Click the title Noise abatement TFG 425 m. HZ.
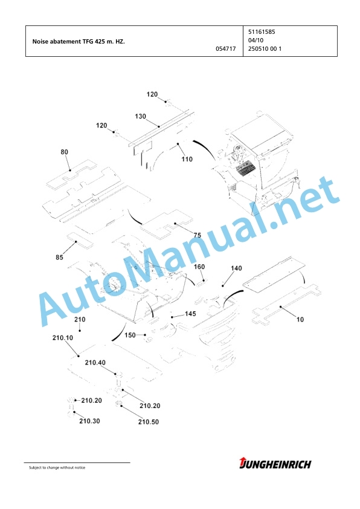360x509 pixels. click(x=79, y=42)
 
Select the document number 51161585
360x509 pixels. click(x=262, y=32)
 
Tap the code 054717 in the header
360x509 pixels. click(x=226, y=49)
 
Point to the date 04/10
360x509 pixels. click(x=256, y=41)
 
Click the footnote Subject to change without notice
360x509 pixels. click(x=57, y=467)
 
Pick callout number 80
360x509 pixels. click(x=64, y=152)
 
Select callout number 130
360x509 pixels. click(x=140, y=116)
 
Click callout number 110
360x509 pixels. click(x=187, y=159)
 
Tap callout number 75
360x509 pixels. click(x=197, y=235)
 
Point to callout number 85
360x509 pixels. click(x=59, y=257)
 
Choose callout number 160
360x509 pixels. click(x=199, y=267)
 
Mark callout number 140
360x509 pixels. click(x=236, y=268)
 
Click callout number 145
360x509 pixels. click(x=190, y=314)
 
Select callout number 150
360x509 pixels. click(x=130, y=335)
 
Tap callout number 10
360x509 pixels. click(x=300, y=319)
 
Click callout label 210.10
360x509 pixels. click(x=63, y=337)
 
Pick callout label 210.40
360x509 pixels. click(x=95, y=362)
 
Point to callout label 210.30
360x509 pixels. click(x=89, y=421)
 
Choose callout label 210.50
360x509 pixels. click(x=148, y=422)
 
